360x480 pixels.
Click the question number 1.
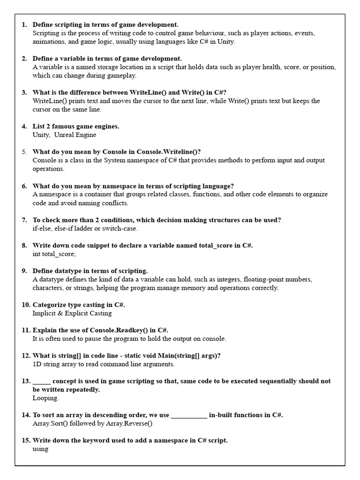click(x=24, y=24)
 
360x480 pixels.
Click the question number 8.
click(x=24, y=245)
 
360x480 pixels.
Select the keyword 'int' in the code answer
click(x=36, y=254)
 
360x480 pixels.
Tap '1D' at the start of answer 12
click(x=37, y=364)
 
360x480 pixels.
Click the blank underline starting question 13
click(x=41, y=381)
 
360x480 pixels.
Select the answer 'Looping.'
click(x=45, y=398)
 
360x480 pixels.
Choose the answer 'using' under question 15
click(x=40, y=449)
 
